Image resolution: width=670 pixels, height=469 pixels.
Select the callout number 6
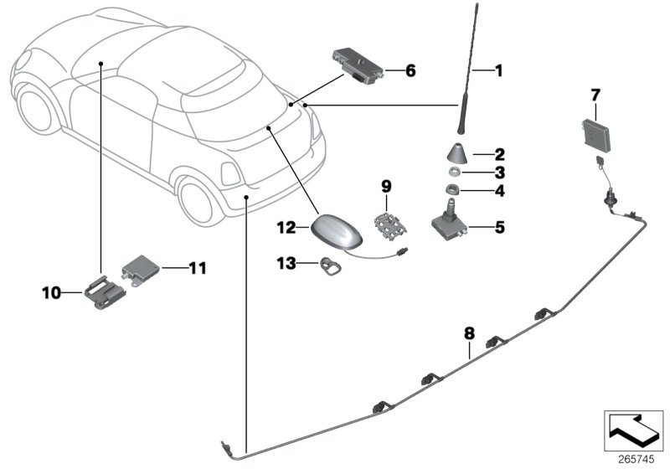point(410,71)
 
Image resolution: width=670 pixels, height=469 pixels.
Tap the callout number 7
point(595,92)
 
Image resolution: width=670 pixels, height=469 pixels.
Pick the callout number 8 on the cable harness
point(469,333)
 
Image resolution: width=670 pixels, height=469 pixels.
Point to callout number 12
point(286,227)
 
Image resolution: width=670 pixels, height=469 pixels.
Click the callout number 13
point(286,263)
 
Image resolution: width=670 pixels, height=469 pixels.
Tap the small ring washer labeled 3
point(452,173)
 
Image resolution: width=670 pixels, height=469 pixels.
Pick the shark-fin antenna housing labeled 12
point(334,230)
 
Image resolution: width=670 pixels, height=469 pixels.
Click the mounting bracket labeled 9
point(385,221)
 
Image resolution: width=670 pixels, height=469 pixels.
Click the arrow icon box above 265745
point(634,430)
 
